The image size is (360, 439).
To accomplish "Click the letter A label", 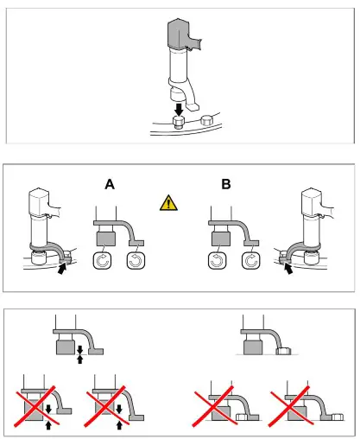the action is coord(110,184).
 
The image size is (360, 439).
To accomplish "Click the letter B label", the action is coord(226,184).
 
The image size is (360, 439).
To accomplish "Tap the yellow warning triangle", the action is coord(168,203).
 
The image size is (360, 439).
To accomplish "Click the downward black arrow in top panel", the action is coord(179,110).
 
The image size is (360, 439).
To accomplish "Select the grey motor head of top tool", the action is coord(179,33).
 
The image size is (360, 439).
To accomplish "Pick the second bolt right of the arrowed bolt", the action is coord(206,119).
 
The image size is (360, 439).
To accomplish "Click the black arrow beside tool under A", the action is coord(62,269).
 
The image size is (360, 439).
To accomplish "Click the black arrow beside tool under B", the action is coord(288,269).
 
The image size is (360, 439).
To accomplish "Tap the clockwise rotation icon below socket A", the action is coord(102,260).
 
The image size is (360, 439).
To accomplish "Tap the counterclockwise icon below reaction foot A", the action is coord(136,260).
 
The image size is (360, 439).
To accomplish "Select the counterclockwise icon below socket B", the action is coord(217,260).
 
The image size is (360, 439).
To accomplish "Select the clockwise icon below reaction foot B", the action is coord(250,260).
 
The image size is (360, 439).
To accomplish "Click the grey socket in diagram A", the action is coord(106,239).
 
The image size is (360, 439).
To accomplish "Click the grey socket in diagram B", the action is coord(221,239).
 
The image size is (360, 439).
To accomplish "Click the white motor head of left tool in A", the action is coord(38,201).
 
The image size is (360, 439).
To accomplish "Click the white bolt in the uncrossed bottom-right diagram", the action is coord(284,351).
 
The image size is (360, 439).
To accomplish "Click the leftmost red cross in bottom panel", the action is coord(36,406).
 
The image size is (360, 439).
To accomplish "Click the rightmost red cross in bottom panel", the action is coord(290,405).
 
